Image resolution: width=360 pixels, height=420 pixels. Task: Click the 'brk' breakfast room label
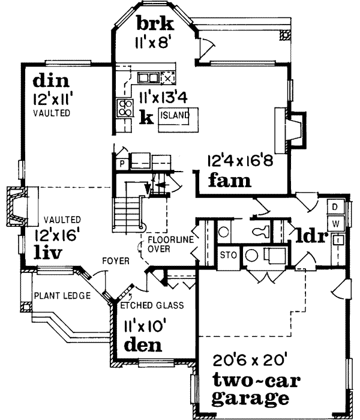coord(154,25)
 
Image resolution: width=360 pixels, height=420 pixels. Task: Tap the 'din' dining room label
coord(51,80)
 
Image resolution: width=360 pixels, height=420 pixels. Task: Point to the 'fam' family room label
coord(229,179)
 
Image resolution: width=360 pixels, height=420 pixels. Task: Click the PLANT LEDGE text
coord(62,295)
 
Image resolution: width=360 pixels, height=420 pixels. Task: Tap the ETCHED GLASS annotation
coord(152,305)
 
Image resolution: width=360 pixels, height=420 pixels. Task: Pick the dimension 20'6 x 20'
coord(251,361)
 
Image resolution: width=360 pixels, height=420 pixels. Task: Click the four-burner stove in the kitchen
coord(125,107)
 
